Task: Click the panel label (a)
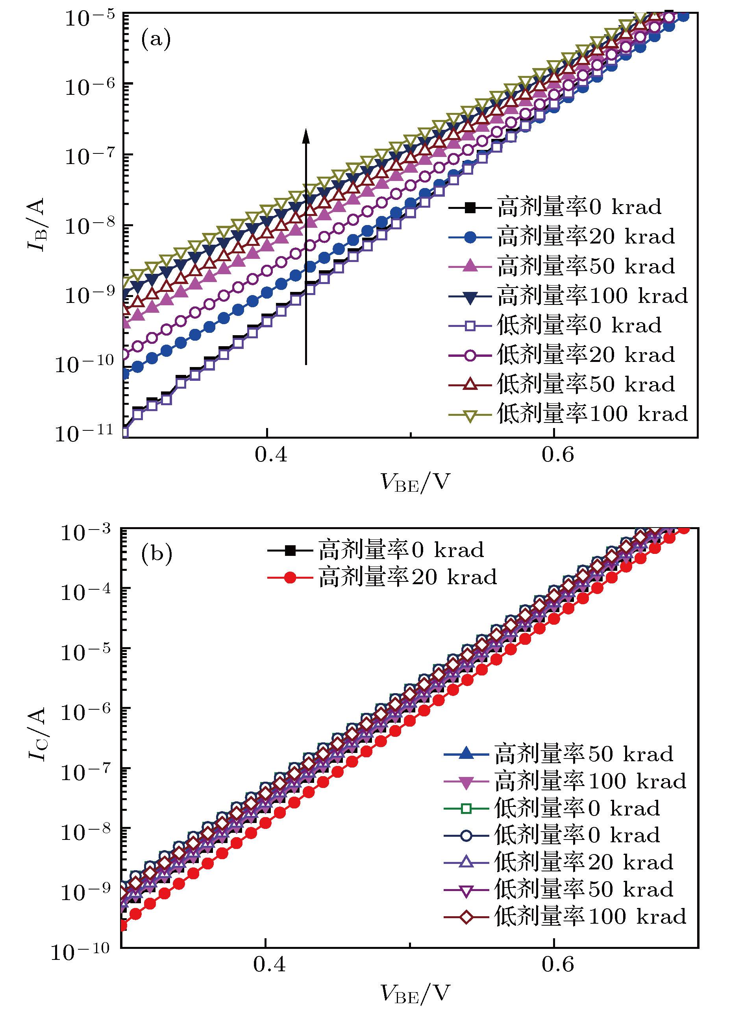[x=156, y=39]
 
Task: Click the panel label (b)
[x=156, y=554]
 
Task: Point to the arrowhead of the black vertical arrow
[x=306, y=135]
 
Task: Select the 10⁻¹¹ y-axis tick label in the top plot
[x=84, y=433]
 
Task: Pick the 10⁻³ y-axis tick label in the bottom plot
[x=85, y=532]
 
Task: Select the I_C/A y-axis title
[x=37, y=734]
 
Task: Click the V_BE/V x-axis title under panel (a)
[x=415, y=482]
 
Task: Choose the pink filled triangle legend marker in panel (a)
[x=470, y=266]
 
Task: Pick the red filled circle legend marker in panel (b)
[x=290, y=578]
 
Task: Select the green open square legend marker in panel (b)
[x=466, y=809]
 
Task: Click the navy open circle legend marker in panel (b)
[x=466, y=836]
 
